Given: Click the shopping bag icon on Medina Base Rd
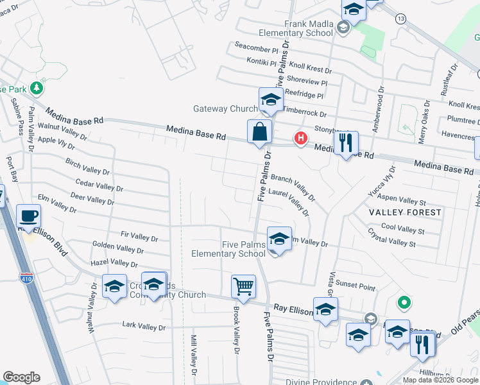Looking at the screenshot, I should [259, 132].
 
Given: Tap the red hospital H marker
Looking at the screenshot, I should [299, 138].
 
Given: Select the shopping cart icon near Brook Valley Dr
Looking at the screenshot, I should [243, 286].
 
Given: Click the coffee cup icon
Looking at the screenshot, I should [28, 215].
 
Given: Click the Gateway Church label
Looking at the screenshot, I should [225, 109].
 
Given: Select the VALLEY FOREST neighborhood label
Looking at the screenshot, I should [405, 212].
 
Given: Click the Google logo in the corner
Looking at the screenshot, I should [21, 377].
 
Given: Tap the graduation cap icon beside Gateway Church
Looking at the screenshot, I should [271, 101].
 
